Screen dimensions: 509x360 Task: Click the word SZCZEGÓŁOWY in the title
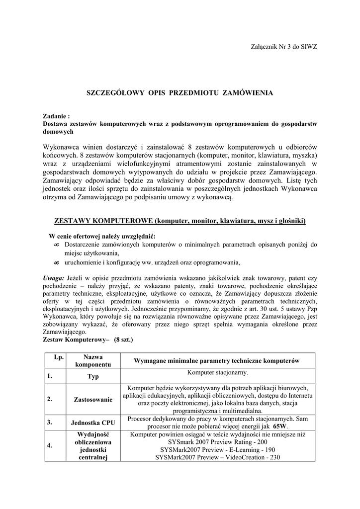(113, 93)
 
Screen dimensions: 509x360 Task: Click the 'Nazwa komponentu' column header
(93, 361)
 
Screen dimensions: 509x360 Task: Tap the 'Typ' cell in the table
(93, 377)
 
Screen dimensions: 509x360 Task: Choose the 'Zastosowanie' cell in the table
(93, 399)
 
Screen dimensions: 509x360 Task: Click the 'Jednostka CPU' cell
(93, 423)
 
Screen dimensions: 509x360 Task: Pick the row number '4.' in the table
(50, 445)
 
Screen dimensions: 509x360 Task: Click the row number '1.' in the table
(50, 376)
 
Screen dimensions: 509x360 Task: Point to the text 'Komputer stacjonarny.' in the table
(217, 372)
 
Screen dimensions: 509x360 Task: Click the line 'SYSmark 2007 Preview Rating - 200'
(218, 441)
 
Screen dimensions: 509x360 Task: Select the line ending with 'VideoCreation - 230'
(218, 457)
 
